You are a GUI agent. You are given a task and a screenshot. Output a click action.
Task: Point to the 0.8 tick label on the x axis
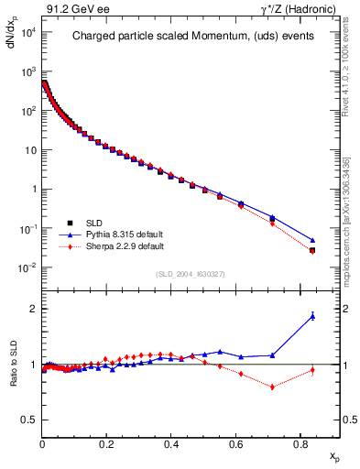pyautogui.click(x=301, y=443)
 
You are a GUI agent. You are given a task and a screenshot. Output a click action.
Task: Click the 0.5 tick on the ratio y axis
pyautogui.click(x=29, y=420)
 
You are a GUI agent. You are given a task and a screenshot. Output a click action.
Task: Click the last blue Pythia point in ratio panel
pyautogui.click(x=312, y=316)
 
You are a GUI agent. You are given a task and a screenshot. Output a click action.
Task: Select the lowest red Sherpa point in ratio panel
pyautogui.click(x=272, y=387)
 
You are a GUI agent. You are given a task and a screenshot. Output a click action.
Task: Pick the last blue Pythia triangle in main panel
pyautogui.click(x=312, y=240)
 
